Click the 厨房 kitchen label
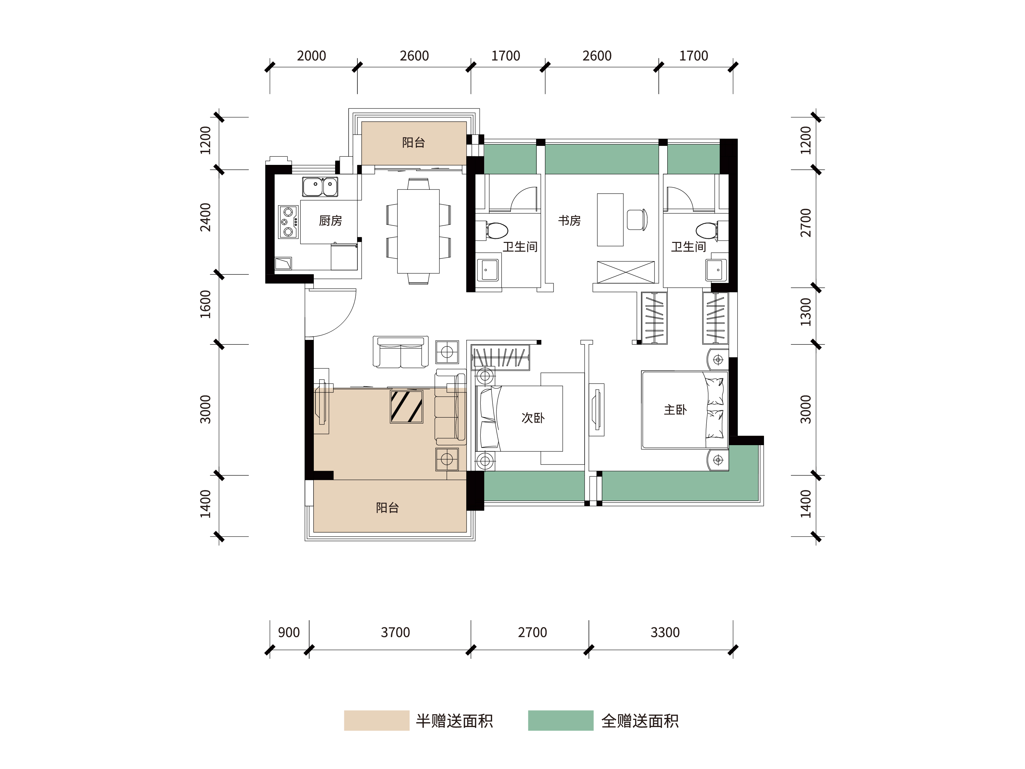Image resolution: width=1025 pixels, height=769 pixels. (x=331, y=221)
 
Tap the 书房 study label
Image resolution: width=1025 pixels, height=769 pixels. (x=569, y=221)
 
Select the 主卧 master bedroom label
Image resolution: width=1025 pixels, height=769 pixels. (x=675, y=409)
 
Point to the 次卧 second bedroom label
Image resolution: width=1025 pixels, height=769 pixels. (x=533, y=418)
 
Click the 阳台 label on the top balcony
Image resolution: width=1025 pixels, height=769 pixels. (x=413, y=142)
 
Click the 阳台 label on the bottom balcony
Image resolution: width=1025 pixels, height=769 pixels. (x=387, y=508)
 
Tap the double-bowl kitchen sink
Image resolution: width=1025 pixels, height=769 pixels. (x=320, y=187)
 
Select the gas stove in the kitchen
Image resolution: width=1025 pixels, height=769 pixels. (x=288, y=222)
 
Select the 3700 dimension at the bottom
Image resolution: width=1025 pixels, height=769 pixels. (x=395, y=632)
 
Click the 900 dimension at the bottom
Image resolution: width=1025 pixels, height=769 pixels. (x=289, y=632)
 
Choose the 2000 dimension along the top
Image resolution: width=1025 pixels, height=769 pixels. (x=312, y=56)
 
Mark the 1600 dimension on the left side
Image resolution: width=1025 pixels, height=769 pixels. (x=205, y=305)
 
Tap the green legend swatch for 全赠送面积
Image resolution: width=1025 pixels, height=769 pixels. (x=561, y=720)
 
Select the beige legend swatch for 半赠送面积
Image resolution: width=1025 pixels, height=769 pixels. (x=377, y=720)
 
